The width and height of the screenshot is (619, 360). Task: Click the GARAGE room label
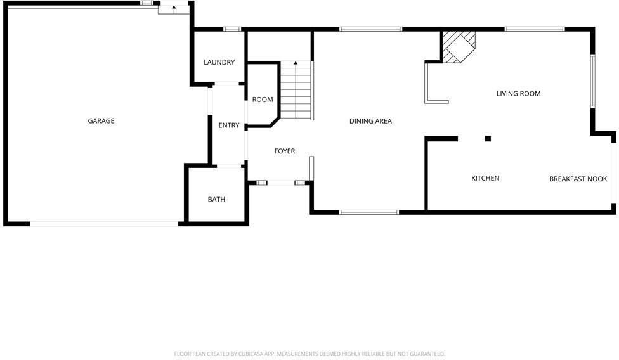coord(101,121)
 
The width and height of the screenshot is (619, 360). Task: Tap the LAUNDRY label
coord(219,62)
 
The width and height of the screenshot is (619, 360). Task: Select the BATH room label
coord(216,200)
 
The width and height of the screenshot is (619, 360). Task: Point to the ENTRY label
coord(229,125)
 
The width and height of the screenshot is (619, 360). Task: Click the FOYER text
coord(285,151)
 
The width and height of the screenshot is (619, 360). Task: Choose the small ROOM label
coord(263,100)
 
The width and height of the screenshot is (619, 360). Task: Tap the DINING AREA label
coord(370,121)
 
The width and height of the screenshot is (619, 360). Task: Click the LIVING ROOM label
coord(518,94)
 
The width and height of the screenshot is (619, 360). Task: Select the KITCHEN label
coord(485,179)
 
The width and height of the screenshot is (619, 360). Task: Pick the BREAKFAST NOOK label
coord(578,179)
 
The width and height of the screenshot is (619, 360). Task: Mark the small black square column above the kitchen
coord(488,139)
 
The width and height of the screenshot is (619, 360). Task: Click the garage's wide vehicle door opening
coord(104,224)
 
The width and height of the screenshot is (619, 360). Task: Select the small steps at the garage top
coord(173,8)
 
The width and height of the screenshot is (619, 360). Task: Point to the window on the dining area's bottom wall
coord(369,212)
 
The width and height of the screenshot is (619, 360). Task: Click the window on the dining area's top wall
coord(370,29)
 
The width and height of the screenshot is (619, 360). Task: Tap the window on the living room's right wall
coord(592,81)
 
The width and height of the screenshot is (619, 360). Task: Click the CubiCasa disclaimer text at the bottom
coord(309,354)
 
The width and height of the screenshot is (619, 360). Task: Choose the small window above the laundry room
coord(233,29)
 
